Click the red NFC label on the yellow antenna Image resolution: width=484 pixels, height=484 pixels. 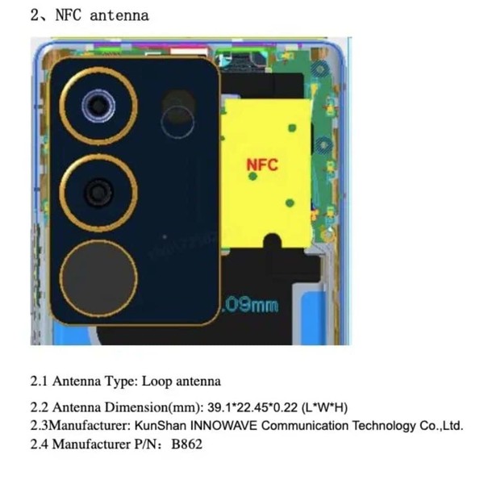[x=262, y=165]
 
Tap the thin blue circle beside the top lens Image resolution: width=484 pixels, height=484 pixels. [x=177, y=123]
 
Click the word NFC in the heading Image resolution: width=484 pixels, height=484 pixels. [x=69, y=15]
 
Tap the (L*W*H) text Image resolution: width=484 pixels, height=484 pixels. [x=323, y=408]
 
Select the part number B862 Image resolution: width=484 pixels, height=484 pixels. [x=187, y=444]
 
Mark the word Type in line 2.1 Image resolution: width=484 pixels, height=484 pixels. [x=119, y=381]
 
